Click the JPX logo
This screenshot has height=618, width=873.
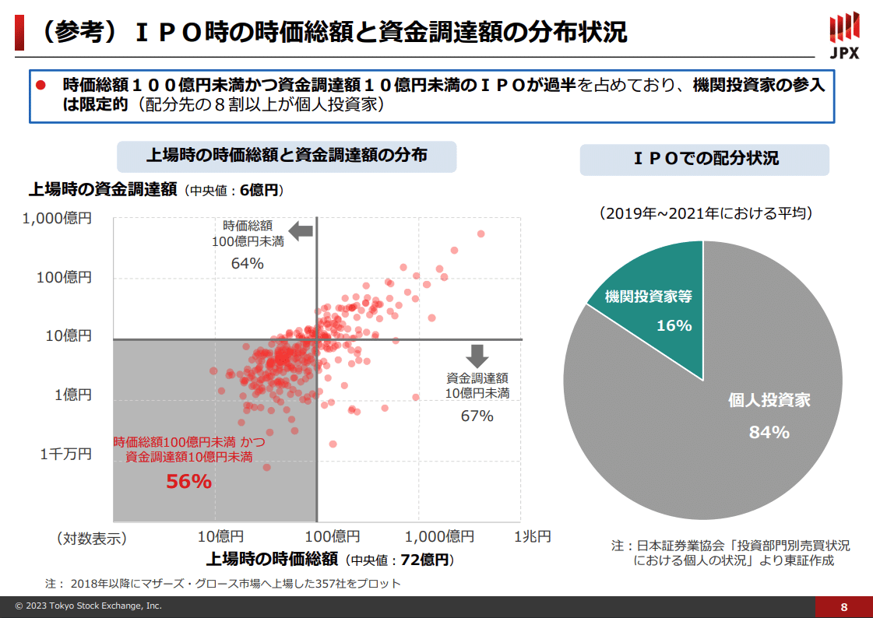point(844,35)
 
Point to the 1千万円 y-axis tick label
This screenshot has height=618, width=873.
point(66,454)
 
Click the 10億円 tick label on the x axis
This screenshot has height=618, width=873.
point(220,537)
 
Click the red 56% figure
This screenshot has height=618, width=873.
point(188,482)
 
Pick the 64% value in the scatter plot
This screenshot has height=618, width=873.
point(247,263)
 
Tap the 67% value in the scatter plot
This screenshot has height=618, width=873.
point(477,416)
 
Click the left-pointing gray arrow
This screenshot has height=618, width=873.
point(301,230)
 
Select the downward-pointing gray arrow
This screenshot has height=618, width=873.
point(477,355)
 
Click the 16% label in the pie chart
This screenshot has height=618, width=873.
point(674,325)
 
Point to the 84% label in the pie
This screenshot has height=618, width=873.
point(769,432)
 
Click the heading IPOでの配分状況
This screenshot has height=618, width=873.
point(705,159)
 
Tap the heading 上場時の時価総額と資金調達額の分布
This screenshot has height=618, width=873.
point(287,155)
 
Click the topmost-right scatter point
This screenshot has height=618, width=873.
point(481,234)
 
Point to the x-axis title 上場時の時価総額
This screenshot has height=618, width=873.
point(272,559)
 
